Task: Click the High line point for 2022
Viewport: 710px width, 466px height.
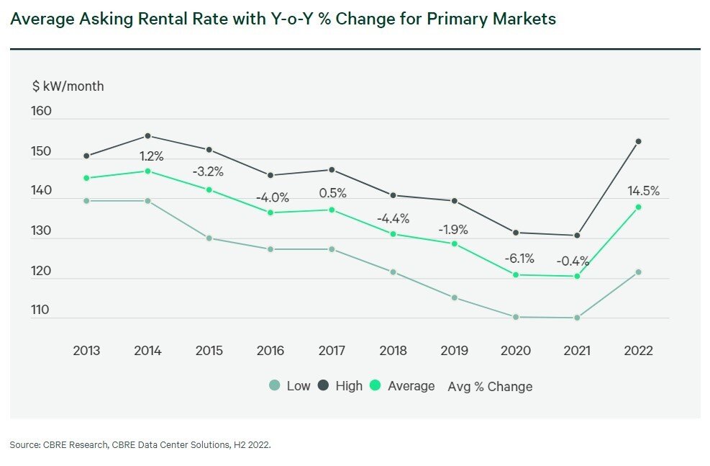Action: click(638, 141)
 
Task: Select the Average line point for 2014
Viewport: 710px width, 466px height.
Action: click(147, 171)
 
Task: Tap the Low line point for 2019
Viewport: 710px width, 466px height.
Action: click(454, 297)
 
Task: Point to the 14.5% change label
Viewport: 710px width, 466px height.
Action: click(643, 192)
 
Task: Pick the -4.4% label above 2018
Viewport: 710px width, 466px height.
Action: click(393, 218)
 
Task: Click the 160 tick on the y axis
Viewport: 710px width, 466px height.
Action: click(42, 112)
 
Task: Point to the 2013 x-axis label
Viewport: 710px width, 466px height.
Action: click(86, 351)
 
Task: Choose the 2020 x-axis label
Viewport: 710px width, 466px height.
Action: click(515, 351)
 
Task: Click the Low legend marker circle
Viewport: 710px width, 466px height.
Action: click(274, 386)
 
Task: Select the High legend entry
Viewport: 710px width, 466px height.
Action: click(340, 386)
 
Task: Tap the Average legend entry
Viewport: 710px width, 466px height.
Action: click(402, 386)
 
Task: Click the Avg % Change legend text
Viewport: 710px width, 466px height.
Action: click(490, 387)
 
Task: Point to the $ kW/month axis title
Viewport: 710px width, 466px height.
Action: click(68, 86)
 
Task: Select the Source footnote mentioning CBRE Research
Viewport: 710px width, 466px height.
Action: click(140, 445)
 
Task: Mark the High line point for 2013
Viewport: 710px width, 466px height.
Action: click(86, 156)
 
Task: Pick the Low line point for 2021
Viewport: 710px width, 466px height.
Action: click(577, 318)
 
